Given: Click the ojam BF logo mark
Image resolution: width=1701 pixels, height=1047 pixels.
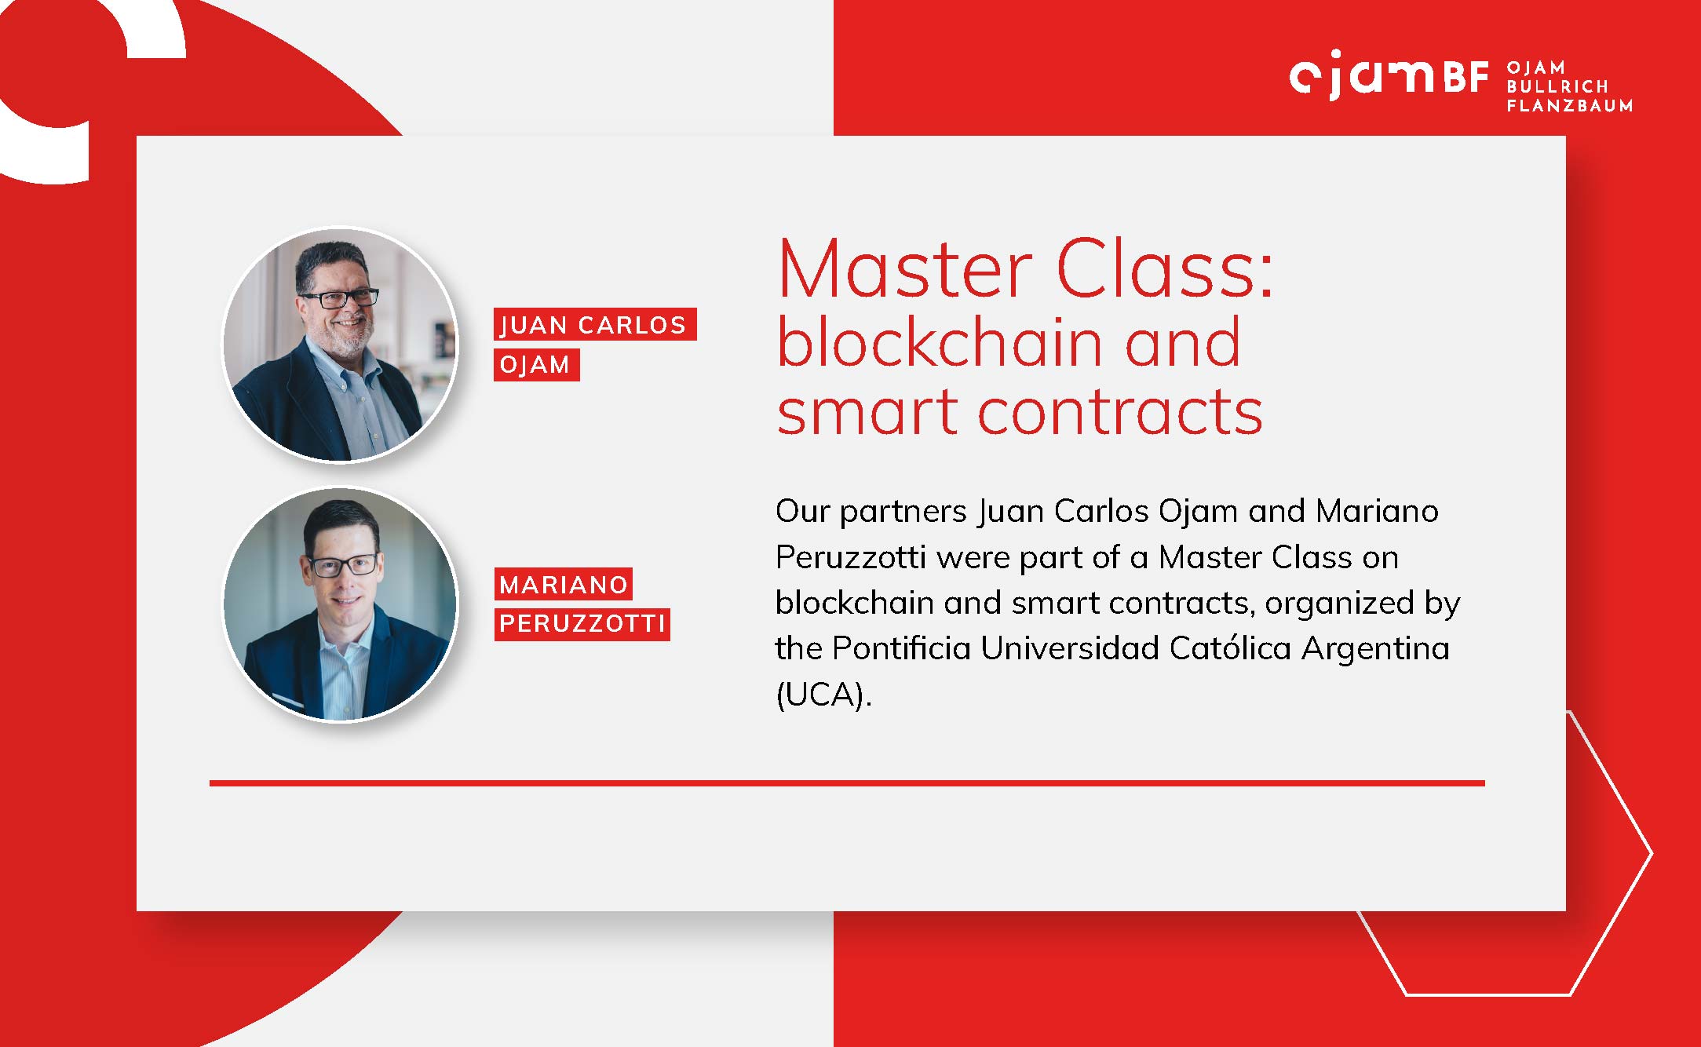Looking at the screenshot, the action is pos(1389,76).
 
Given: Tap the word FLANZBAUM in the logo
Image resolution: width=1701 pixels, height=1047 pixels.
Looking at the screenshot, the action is pos(1570,105).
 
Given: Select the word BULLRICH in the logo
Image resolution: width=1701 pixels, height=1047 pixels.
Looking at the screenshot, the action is pos(1557,86).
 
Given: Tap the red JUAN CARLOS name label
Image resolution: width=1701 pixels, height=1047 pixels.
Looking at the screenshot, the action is pos(595,324).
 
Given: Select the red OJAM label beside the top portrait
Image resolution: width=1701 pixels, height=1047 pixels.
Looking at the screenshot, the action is pos(536,365).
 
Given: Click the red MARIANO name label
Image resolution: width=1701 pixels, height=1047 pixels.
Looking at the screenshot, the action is pos(563,584).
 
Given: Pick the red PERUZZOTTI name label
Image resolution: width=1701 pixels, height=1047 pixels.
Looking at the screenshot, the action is pos(582,624).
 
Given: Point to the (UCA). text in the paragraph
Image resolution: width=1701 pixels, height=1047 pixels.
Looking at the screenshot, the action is pos(824,695).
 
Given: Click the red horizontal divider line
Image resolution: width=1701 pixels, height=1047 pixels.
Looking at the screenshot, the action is pos(847,783).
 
